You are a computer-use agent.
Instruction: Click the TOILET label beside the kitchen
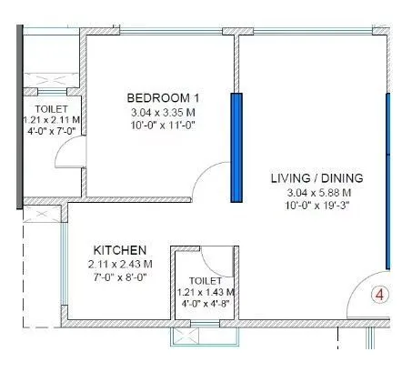pyautogui.click(x=205, y=281)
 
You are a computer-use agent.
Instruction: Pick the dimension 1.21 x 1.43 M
pyautogui.click(x=205, y=292)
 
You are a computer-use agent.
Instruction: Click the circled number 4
pyautogui.click(x=381, y=296)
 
